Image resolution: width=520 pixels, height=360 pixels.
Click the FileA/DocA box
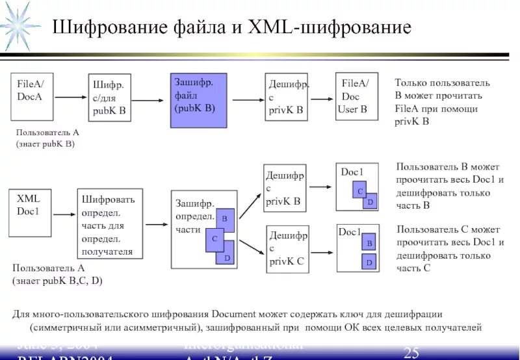click(32, 97)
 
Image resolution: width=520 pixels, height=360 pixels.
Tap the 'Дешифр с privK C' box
click(287, 248)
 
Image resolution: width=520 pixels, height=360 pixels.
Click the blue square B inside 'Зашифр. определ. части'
click(225, 219)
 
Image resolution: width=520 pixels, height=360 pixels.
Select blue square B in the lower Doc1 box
click(369, 243)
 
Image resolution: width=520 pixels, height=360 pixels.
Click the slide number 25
click(411, 352)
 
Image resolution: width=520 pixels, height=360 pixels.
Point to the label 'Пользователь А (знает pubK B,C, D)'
click(57, 274)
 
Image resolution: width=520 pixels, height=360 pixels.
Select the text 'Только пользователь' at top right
click(442, 83)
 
